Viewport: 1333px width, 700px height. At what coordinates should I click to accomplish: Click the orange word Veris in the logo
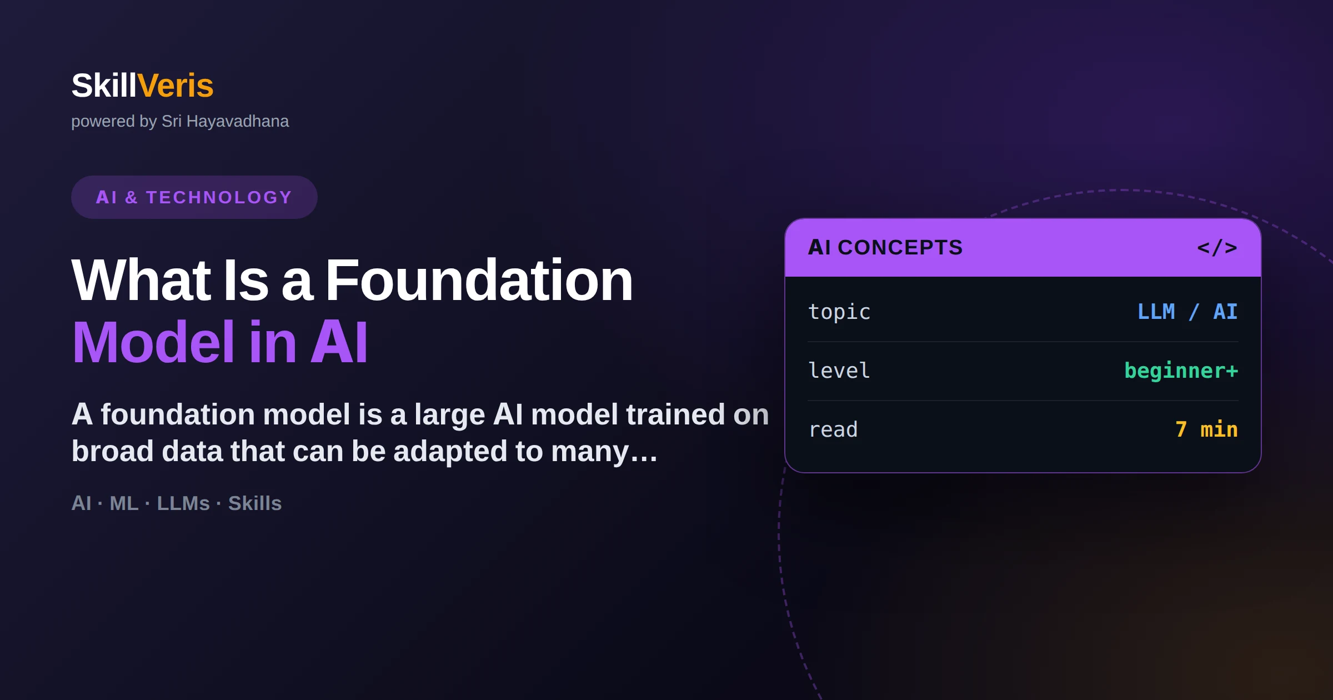[x=175, y=86]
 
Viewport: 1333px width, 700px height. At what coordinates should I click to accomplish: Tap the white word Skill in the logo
[x=104, y=86]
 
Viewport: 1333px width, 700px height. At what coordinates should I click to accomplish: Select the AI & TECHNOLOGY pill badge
[x=194, y=197]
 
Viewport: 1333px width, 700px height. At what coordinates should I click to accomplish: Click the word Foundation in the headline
[x=479, y=281]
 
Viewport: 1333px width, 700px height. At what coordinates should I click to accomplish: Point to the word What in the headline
[x=141, y=281]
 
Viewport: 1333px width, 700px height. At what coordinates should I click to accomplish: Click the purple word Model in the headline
[x=154, y=342]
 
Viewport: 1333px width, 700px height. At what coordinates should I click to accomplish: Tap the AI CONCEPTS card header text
[x=885, y=247]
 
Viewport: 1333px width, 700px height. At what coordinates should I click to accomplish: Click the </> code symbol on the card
[x=1217, y=247]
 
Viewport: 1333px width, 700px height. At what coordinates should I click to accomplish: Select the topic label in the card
[x=839, y=312]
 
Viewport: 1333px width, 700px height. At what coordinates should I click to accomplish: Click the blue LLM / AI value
[x=1187, y=312]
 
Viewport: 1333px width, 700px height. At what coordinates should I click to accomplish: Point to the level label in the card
[x=839, y=371]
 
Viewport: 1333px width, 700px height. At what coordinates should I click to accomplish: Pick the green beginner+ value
[x=1181, y=371]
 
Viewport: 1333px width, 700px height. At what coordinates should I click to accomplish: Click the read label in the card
[x=833, y=429]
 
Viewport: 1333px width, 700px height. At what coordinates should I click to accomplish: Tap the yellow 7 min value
[x=1206, y=429]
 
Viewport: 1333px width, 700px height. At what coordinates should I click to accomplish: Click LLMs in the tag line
[x=183, y=503]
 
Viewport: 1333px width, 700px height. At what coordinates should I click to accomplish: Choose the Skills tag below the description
[x=255, y=503]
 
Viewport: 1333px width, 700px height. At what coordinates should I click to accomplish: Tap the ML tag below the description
[x=124, y=503]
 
